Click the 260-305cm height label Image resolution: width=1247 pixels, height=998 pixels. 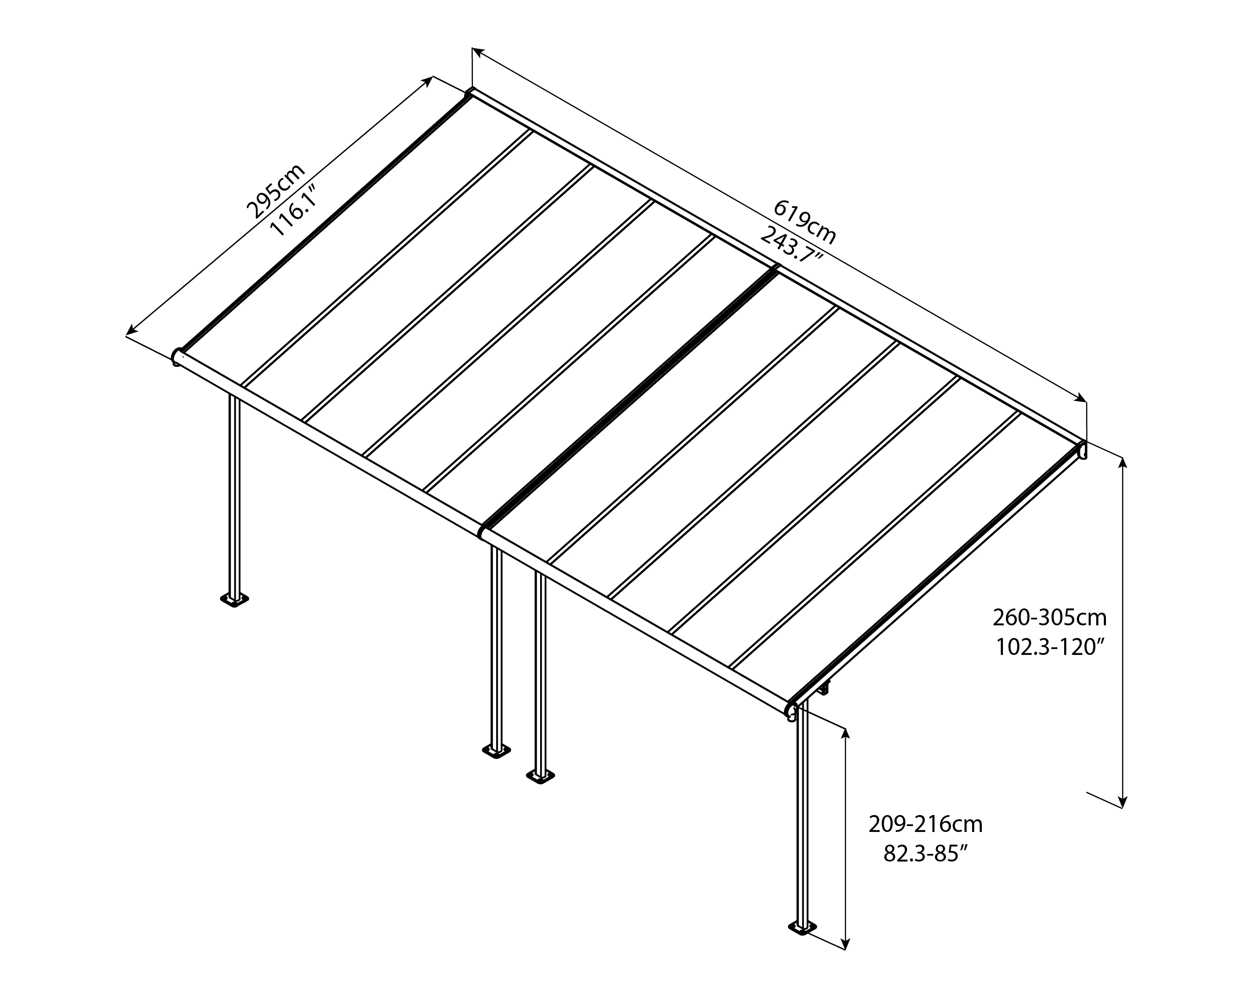click(1050, 617)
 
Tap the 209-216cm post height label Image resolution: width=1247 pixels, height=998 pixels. click(925, 824)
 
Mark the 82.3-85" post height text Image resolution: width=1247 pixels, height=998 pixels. click(925, 853)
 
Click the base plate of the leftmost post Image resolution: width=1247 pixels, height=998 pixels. click(235, 600)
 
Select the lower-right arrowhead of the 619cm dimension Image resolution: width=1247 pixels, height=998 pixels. click(1081, 398)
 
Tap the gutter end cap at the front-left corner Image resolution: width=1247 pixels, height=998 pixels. click(177, 357)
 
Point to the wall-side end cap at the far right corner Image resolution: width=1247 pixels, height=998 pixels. click(1081, 450)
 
